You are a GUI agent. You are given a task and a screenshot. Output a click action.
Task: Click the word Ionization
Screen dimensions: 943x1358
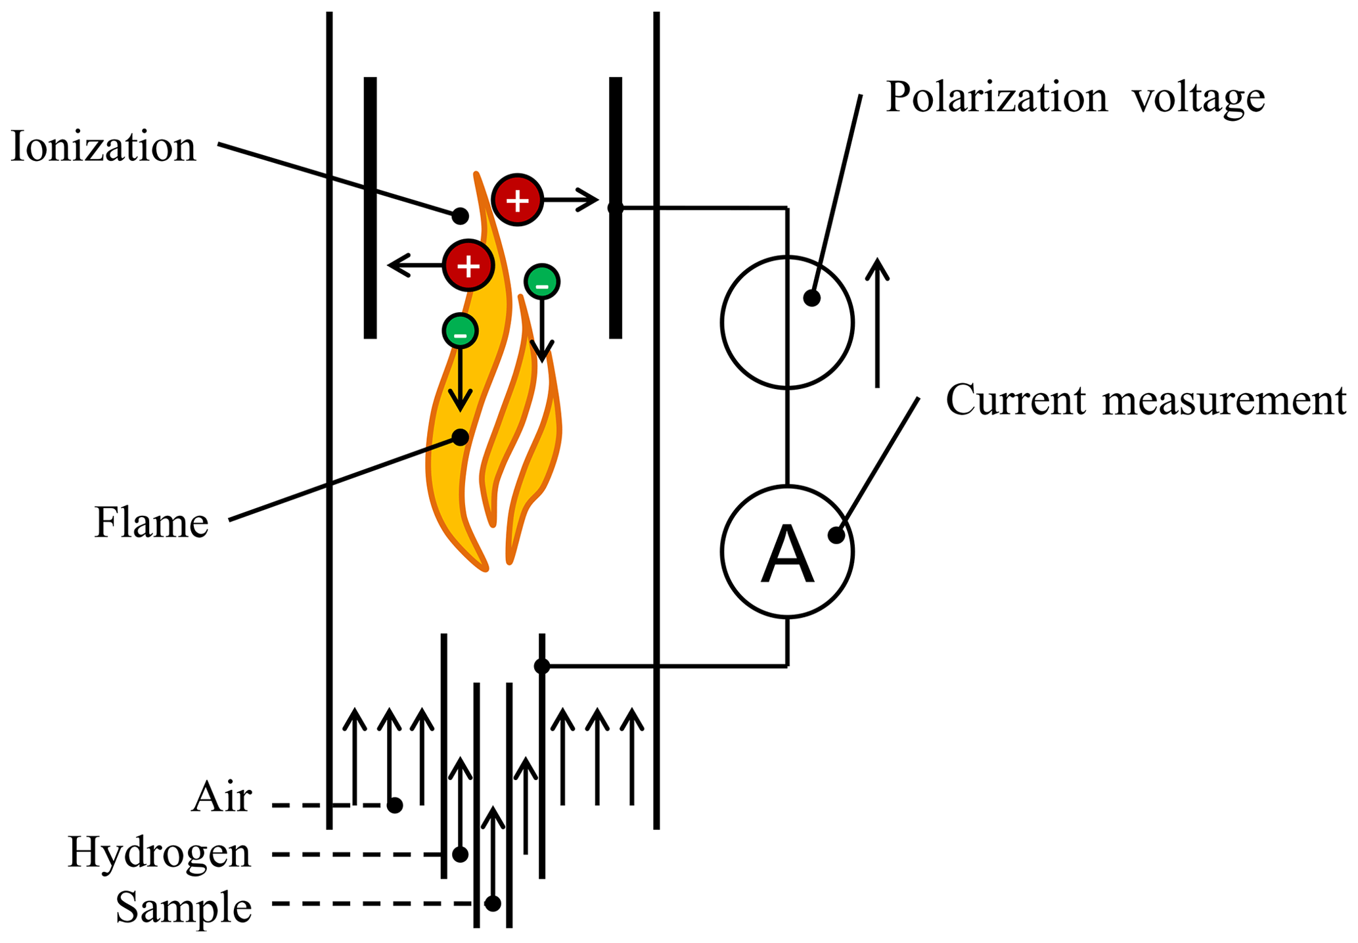pyautogui.click(x=103, y=147)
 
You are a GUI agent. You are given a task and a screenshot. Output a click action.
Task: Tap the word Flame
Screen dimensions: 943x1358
pyautogui.click(x=151, y=523)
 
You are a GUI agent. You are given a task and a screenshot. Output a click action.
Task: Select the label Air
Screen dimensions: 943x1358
pyautogui.click(x=221, y=798)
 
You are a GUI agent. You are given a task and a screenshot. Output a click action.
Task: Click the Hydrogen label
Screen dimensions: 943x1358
pyautogui.click(x=159, y=853)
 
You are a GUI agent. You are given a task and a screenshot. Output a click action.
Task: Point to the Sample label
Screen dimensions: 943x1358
pyautogui.click(x=183, y=908)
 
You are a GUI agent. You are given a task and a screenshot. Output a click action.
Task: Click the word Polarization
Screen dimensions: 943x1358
pyautogui.click(x=997, y=97)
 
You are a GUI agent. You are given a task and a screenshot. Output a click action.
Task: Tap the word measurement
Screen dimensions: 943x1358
pyautogui.click(x=1224, y=401)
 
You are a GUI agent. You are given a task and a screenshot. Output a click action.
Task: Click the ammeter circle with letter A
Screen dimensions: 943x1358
pyautogui.click(x=787, y=552)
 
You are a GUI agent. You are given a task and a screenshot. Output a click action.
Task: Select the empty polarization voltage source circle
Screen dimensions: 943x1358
pyautogui.click(x=787, y=322)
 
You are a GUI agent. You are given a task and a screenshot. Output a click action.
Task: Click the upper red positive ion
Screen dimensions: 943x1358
pyautogui.click(x=518, y=200)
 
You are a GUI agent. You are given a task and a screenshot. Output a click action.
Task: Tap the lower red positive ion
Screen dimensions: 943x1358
pyautogui.click(x=468, y=265)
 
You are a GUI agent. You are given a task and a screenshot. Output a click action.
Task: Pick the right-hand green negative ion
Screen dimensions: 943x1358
pyautogui.click(x=541, y=282)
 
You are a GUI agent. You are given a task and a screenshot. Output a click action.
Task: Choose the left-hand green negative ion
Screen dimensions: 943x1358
pyautogui.click(x=460, y=331)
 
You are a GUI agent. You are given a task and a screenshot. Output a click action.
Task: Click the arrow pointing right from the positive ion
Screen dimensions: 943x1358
pyautogui.click(x=572, y=200)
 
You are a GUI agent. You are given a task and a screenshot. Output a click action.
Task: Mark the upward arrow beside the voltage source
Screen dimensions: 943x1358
pyautogui.click(x=877, y=322)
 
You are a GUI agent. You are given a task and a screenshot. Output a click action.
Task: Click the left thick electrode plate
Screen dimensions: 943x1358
pyautogui.click(x=370, y=208)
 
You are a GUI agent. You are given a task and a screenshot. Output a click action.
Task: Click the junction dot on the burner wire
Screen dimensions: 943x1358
pyautogui.click(x=541, y=666)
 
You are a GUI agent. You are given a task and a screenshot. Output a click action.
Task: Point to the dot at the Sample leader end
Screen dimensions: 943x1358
pyautogui.click(x=493, y=904)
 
